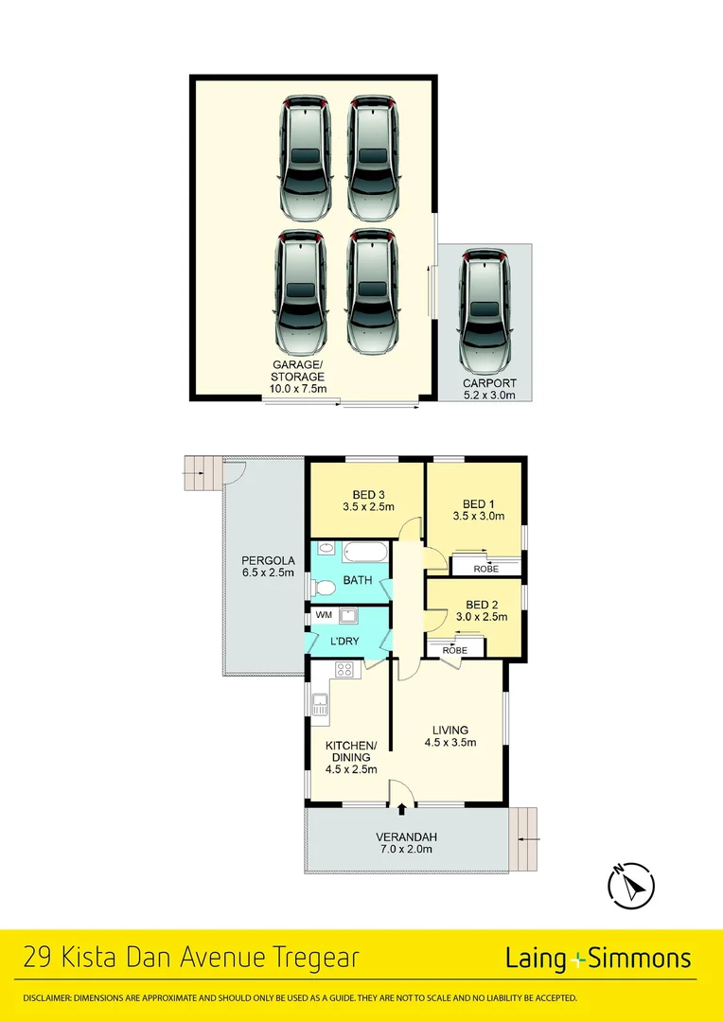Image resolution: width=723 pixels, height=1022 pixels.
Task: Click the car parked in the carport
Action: tap(485, 311)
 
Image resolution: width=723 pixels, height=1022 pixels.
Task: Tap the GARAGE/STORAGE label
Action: tap(299, 377)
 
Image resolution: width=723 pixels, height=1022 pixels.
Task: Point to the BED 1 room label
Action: tap(478, 510)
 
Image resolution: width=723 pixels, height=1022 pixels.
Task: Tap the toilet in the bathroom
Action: tap(324, 589)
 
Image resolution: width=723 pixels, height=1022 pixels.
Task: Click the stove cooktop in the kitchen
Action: tap(345, 670)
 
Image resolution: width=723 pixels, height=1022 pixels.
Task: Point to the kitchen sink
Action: tap(320, 703)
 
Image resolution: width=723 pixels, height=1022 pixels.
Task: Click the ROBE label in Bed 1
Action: tap(486, 569)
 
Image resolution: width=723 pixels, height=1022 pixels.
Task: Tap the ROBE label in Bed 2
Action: tap(455, 650)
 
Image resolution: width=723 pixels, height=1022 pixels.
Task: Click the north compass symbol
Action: tap(629, 886)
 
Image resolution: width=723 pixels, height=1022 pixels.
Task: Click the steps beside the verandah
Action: tap(523, 838)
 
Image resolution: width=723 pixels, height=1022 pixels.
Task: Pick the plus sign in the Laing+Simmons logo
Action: tap(578, 960)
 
